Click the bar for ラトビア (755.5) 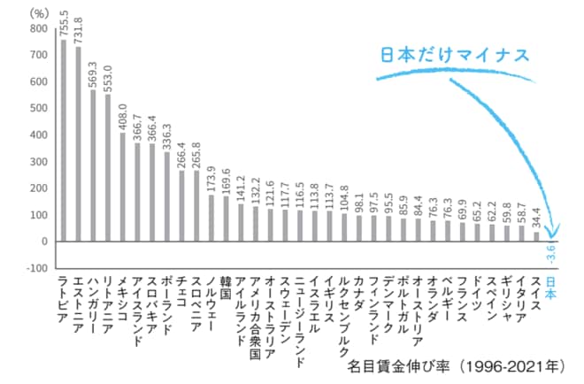coord(63,141)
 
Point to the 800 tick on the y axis coord(39,28)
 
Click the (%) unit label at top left coord(40,12)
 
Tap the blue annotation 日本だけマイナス coord(455,55)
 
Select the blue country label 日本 coord(550,288)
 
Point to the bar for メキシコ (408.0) coord(122,187)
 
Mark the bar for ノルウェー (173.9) coord(211,218)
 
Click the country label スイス coord(535,293)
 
